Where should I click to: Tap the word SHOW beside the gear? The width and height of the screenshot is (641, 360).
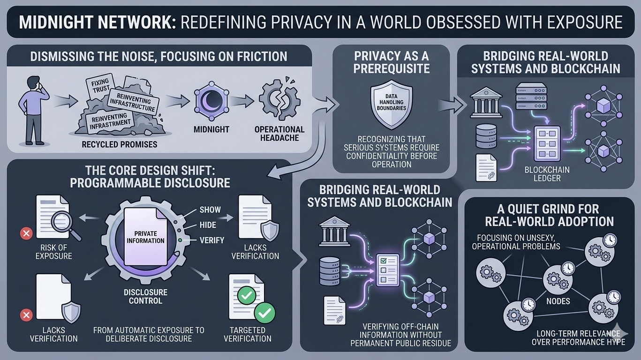click(210, 210)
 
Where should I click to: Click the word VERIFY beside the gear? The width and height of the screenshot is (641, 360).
click(212, 240)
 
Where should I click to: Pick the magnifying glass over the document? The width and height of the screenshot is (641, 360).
click(68, 228)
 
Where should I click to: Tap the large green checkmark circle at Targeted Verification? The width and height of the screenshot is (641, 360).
click(264, 313)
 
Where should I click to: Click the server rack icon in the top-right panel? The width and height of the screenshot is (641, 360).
click(531, 97)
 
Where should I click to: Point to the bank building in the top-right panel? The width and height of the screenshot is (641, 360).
click(485, 103)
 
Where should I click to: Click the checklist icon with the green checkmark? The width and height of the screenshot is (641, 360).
click(388, 270)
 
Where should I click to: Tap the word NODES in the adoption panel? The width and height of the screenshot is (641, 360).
click(558, 301)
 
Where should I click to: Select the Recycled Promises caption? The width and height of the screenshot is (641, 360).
click(119, 144)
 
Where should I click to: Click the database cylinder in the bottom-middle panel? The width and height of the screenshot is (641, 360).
click(329, 270)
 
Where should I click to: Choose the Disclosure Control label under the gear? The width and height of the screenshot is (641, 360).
click(145, 296)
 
